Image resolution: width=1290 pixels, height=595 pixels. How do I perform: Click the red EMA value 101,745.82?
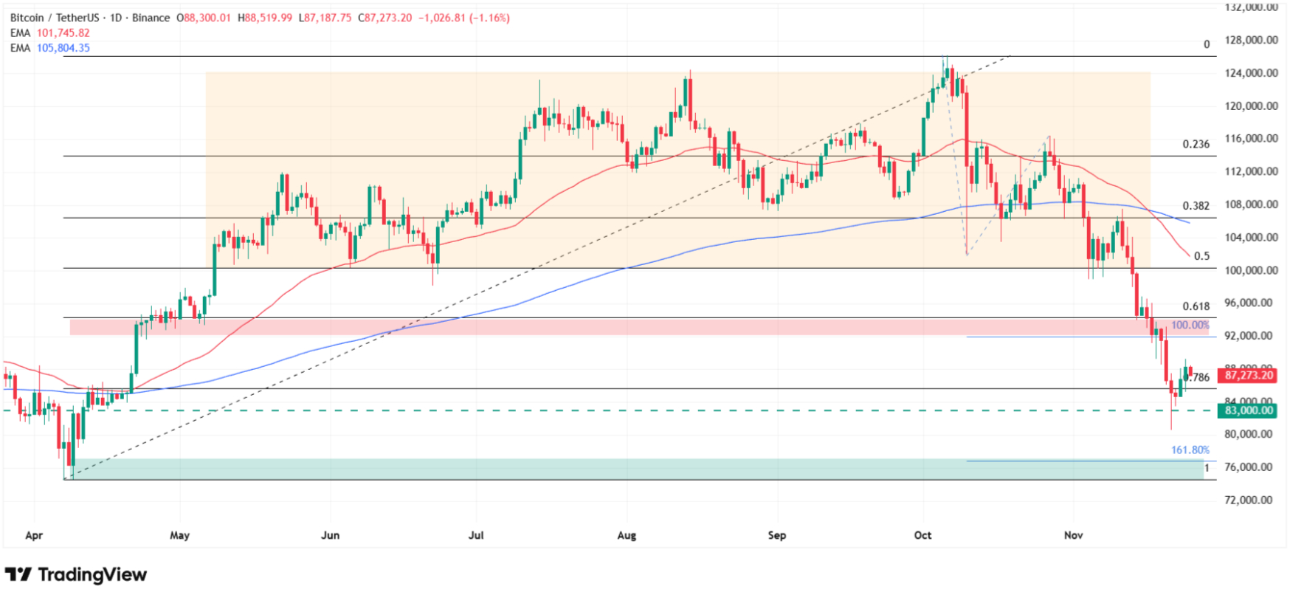click(63, 33)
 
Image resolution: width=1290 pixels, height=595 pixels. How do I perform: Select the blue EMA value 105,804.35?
click(63, 48)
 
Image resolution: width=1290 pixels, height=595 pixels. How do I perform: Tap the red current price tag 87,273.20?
click(1249, 376)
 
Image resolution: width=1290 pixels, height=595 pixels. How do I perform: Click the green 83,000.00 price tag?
click(1249, 410)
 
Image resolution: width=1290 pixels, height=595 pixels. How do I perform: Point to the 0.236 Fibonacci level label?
click(1196, 145)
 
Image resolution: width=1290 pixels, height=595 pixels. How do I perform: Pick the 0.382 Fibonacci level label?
click(1196, 206)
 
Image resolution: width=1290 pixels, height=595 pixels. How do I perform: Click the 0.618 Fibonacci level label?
click(1196, 306)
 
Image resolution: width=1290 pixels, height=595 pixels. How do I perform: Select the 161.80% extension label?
click(1190, 450)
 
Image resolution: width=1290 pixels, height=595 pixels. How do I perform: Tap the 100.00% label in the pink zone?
click(1190, 326)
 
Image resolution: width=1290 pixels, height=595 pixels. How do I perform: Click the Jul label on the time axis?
click(476, 535)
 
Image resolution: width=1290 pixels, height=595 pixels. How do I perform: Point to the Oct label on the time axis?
click(922, 535)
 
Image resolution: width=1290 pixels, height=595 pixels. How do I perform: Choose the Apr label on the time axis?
click(34, 535)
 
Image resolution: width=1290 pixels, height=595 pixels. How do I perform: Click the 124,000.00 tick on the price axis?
click(1251, 73)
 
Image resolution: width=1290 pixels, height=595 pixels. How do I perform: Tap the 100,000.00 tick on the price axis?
click(1251, 270)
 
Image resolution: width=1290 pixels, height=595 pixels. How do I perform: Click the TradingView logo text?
click(92, 574)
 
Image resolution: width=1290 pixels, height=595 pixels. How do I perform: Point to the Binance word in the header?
click(151, 18)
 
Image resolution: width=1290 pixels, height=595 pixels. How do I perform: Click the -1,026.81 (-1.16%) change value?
click(463, 18)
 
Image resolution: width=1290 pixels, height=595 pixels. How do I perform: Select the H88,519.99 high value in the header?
click(264, 18)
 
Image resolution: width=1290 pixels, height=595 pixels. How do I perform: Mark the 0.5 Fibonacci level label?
click(1201, 256)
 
